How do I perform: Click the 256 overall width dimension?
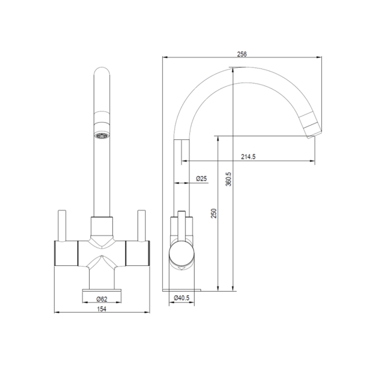coord(241,54)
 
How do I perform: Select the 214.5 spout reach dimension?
coord(248,156)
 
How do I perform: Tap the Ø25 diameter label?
coord(201,179)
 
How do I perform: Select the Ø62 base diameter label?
coord(102,299)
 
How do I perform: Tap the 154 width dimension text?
coord(102,309)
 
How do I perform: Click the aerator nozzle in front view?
coord(102,135)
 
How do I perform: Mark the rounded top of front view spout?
coord(102,74)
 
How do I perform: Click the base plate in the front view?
coord(102,289)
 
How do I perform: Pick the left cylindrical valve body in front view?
coord(66,252)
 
